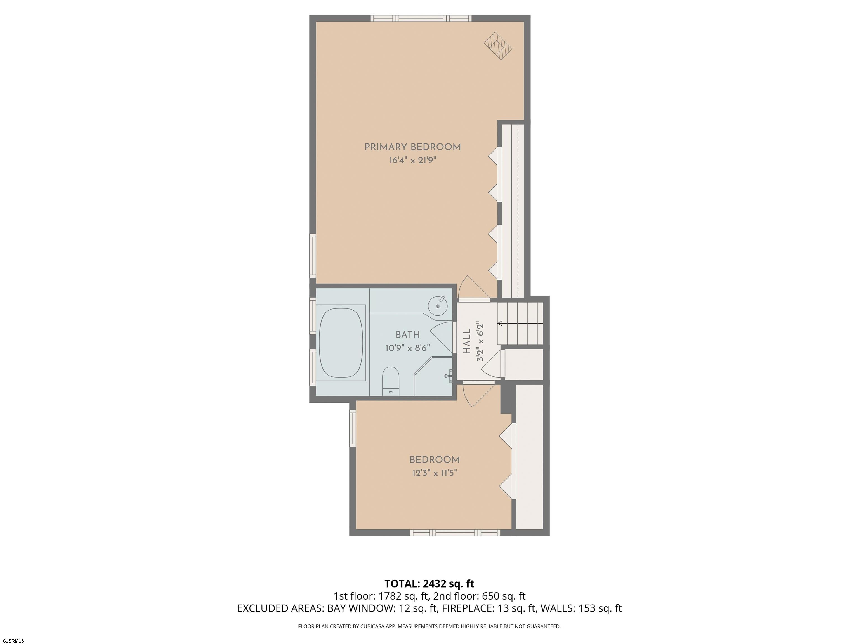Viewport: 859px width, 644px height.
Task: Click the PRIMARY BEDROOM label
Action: click(412, 147)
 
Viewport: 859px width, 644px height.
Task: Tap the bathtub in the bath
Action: click(341, 343)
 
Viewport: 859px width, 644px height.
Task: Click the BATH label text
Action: click(407, 334)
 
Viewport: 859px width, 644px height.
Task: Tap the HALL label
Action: click(467, 341)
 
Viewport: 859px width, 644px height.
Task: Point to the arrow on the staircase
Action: click(520, 324)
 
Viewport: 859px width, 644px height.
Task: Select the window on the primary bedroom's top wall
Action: click(421, 18)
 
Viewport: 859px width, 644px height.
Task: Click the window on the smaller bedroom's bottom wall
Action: click(455, 532)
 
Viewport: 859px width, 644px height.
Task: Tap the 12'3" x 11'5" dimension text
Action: click(435, 473)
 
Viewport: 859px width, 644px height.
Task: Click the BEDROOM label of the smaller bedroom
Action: click(435, 460)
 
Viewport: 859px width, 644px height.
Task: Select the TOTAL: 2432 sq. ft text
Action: click(429, 584)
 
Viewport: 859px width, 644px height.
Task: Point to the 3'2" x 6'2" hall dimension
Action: click(480, 341)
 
